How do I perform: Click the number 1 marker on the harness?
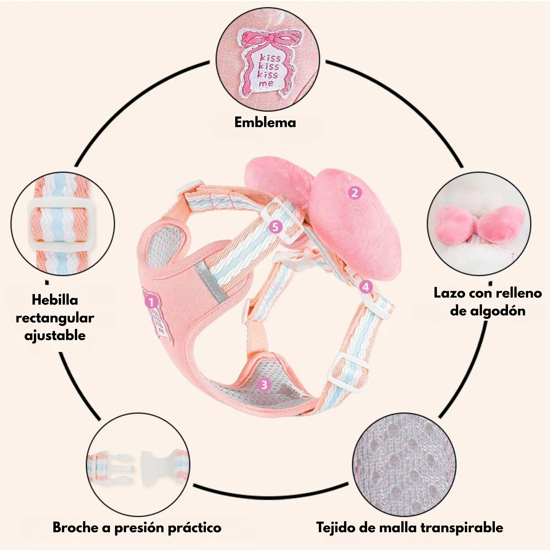point(151,302)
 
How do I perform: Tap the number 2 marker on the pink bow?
point(355,193)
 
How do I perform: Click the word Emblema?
point(265,122)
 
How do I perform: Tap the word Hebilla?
point(55,300)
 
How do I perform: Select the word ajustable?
point(55,335)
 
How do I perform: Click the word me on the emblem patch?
point(266,84)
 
